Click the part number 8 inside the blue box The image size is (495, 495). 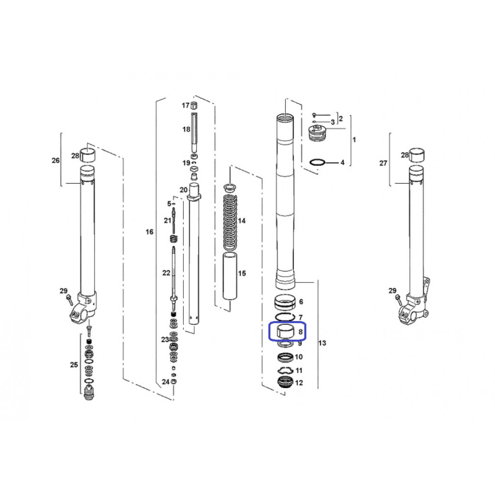[x=300, y=332]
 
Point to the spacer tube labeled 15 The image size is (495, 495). [x=230, y=275]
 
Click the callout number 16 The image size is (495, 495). [x=149, y=231]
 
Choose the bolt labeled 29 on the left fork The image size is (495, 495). [x=69, y=299]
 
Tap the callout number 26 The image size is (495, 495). [x=56, y=160]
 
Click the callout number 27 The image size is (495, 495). [x=383, y=163]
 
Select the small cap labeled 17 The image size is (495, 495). [x=194, y=105]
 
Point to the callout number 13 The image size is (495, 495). [x=322, y=343]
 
